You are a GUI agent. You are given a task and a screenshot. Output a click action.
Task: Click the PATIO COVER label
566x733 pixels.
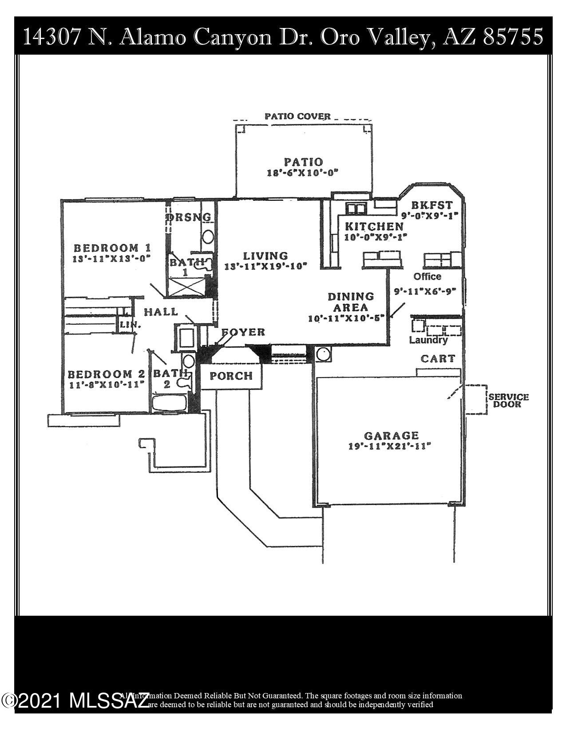click(x=297, y=116)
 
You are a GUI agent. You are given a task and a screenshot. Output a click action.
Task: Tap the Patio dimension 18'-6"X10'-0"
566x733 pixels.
click(x=303, y=173)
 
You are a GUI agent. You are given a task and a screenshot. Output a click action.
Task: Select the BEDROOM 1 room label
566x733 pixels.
click(x=112, y=247)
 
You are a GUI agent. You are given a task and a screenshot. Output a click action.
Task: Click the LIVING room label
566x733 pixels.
click(x=265, y=256)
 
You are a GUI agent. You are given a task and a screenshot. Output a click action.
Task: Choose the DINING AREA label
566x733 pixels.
click(x=351, y=302)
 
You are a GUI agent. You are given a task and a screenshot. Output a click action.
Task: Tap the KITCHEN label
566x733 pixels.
click(x=374, y=226)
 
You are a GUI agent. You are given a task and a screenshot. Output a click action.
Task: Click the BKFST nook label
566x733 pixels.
click(x=431, y=205)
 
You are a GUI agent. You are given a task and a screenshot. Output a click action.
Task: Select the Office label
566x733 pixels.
click(x=427, y=276)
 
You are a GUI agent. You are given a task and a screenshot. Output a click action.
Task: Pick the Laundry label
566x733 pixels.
click(x=428, y=340)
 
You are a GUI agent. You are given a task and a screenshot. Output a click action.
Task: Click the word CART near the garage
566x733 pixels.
click(x=437, y=359)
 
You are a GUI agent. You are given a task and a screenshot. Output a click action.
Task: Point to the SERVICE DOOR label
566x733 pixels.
click(x=509, y=400)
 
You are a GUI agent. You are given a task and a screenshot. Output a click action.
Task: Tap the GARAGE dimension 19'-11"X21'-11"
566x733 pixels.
click(x=390, y=446)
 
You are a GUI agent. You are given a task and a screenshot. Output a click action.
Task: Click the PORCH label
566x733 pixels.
click(x=231, y=376)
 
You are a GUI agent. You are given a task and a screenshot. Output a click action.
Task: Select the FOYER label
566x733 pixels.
click(x=243, y=332)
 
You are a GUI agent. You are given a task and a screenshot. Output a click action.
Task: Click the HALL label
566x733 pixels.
click(x=160, y=312)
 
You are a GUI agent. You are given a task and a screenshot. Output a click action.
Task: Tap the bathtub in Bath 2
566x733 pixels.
click(x=169, y=403)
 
